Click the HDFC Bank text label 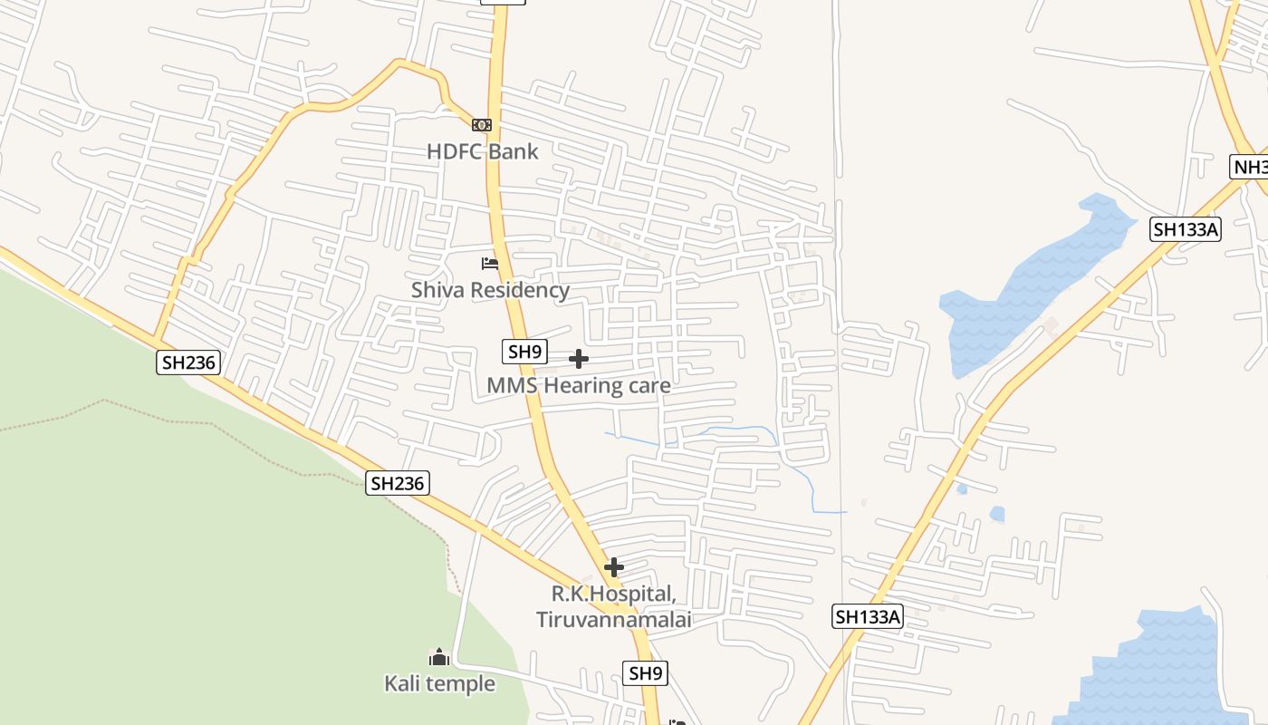[x=482, y=151]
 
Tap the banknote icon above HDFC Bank [x=482, y=125]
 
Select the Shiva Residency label [x=490, y=290]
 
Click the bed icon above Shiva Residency [x=490, y=264]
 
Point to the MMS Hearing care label [x=579, y=385]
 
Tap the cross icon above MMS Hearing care [x=579, y=360]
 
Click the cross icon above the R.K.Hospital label [x=614, y=567]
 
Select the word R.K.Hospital [x=614, y=594]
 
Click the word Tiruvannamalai [x=614, y=620]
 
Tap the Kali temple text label [x=439, y=683]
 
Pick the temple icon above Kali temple [x=439, y=657]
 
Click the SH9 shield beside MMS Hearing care [x=525, y=352]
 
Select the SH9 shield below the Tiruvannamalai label [x=646, y=672]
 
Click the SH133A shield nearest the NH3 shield [x=1186, y=229]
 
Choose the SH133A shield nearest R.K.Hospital [x=868, y=617]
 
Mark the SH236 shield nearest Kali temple [x=398, y=483]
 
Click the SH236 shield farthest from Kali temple [x=188, y=362]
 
